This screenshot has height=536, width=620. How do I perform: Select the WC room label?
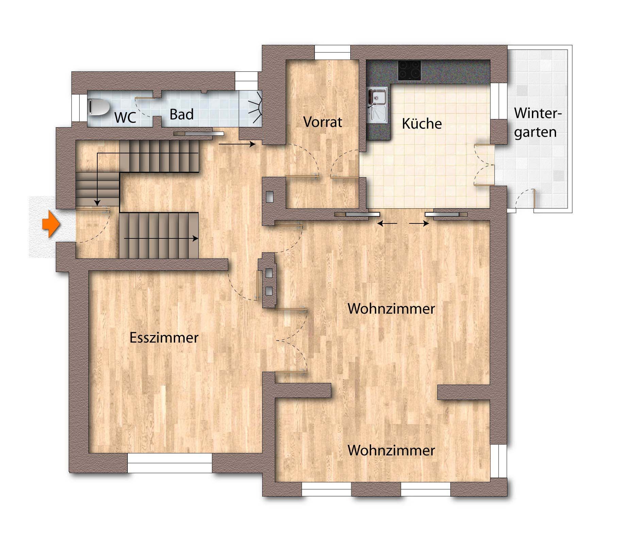pyautogui.click(x=125, y=117)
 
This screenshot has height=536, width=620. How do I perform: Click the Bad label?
pyautogui.click(x=182, y=114)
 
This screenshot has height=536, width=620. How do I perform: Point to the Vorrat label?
pyautogui.click(x=322, y=122)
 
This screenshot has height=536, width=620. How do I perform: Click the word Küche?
pyautogui.click(x=422, y=123)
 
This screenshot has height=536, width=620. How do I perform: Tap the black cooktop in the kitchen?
pyautogui.click(x=409, y=70)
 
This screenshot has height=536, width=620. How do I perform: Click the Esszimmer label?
pyautogui.click(x=164, y=337)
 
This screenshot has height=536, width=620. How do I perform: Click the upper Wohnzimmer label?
pyautogui.click(x=391, y=309)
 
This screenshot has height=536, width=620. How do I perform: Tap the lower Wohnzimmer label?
pyautogui.click(x=391, y=450)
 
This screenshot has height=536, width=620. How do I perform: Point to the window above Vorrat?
pyautogui.click(x=332, y=52)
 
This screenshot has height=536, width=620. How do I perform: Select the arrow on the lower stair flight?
pyautogui.click(x=161, y=238)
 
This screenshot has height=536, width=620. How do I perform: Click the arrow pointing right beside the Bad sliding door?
pyautogui.click(x=237, y=144)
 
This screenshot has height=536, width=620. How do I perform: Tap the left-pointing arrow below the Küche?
pyautogui.click(x=387, y=223)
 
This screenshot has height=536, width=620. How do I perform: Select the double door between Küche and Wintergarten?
pyautogui.click(x=484, y=165)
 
